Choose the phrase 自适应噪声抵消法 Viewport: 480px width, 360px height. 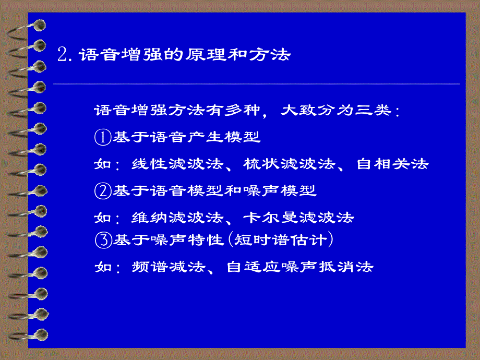click(x=299, y=267)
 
